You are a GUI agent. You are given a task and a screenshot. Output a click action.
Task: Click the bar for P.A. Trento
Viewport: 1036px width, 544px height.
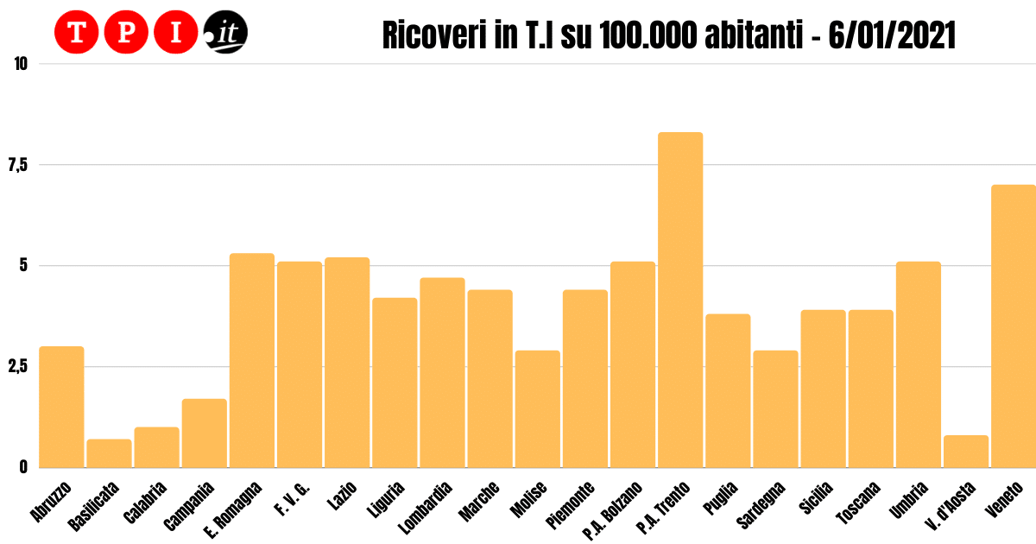(x=680, y=300)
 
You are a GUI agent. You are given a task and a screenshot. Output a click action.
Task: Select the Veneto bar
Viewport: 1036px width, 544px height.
(x=1014, y=326)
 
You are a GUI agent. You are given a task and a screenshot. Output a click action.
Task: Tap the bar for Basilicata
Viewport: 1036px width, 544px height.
(x=110, y=453)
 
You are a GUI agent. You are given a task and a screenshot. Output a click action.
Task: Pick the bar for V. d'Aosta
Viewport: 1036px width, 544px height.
(x=966, y=451)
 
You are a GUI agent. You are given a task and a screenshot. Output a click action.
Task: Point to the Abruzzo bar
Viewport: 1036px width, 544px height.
(x=62, y=407)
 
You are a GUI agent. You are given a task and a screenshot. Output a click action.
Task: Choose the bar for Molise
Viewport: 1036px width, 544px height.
(x=538, y=408)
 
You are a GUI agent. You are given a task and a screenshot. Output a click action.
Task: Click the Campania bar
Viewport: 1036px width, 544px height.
(x=205, y=433)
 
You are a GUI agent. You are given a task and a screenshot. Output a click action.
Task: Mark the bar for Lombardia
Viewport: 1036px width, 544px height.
(x=443, y=372)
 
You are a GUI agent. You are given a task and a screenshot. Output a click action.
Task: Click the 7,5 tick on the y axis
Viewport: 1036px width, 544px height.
(x=16, y=164)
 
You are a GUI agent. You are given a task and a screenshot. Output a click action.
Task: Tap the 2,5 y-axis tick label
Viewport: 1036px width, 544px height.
(x=16, y=366)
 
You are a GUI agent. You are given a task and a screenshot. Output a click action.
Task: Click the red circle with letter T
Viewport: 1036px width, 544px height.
(x=76, y=34)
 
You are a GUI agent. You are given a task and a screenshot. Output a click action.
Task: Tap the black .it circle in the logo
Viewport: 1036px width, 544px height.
(x=225, y=34)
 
